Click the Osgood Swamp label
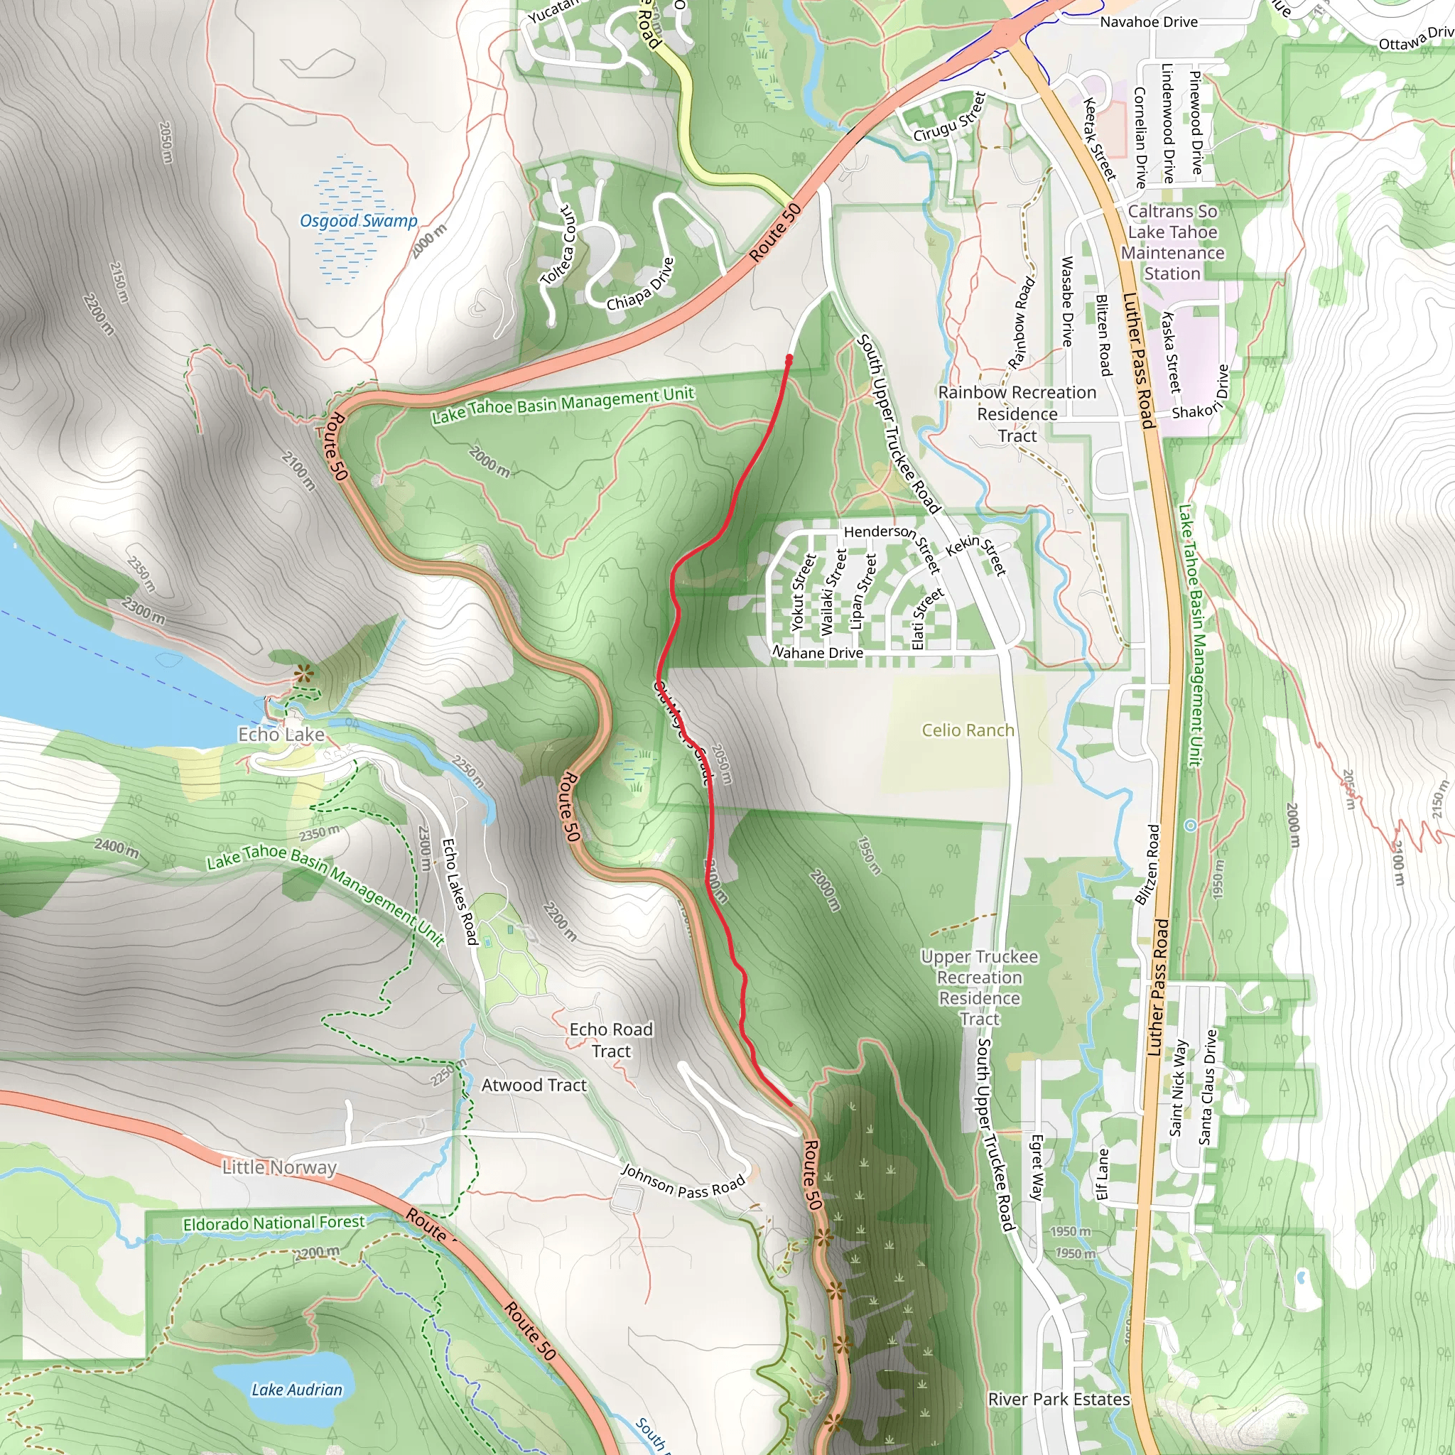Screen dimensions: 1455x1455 point(359,221)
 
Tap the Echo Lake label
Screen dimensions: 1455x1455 point(281,735)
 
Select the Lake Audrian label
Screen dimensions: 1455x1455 point(297,1390)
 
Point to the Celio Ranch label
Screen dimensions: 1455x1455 point(968,730)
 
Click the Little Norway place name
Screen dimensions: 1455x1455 point(278,1167)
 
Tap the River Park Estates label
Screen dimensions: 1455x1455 point(1059,1398)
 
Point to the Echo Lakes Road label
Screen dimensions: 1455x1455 point(460,892)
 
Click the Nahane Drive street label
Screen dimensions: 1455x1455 point(818,652)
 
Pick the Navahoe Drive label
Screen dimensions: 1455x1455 point(1149,22)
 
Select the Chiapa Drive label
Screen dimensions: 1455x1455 point(641,284)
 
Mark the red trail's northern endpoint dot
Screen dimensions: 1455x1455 point(789,359)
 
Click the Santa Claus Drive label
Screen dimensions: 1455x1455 point(1208,1087)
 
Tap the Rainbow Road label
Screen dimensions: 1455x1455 point(1020,323)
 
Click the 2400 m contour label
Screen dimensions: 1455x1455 point(116,848)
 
